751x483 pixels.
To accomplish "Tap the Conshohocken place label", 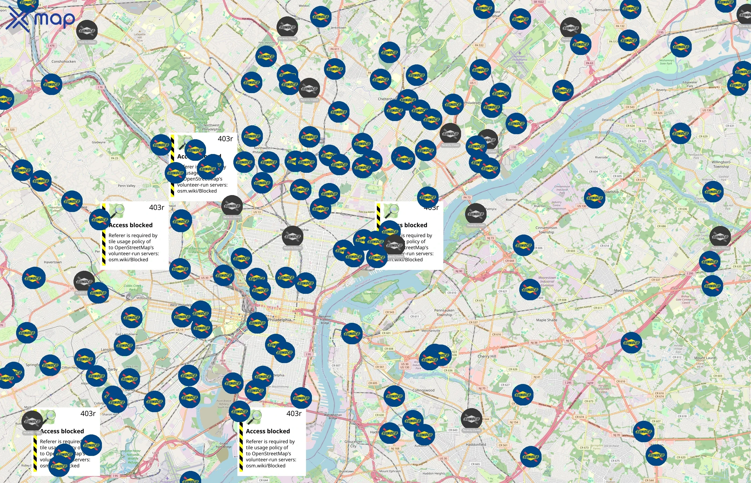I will click(x=64, y=61).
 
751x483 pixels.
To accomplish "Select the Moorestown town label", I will click(x=624, y=290).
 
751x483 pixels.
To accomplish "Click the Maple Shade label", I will click(x=547, y=320).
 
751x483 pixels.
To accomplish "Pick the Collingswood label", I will click(x=423, y=390).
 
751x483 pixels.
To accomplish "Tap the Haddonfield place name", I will click(x=476, y=444).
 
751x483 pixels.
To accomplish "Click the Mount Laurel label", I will click(x=705, y=358).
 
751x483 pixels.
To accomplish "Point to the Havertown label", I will click(x=53, y=262).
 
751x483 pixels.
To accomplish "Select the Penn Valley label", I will click(x=127, y=186).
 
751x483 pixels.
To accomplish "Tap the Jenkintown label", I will click(x=338, y=28).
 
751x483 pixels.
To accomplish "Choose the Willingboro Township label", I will click(x=721, y=164).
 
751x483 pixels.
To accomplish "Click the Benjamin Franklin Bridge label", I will click(x=325, y=319).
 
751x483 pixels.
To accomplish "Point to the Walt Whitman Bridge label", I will click(x=333, y=416).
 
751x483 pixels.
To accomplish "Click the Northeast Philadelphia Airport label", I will click(x=520, y=60).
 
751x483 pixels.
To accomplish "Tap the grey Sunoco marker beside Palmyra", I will click(x=476, y=214).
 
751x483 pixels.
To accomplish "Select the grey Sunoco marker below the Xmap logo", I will click(x=87, y=31).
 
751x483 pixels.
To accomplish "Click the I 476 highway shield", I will click(x=51, y=45).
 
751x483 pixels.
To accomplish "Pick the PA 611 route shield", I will click(x=334, y=49).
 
